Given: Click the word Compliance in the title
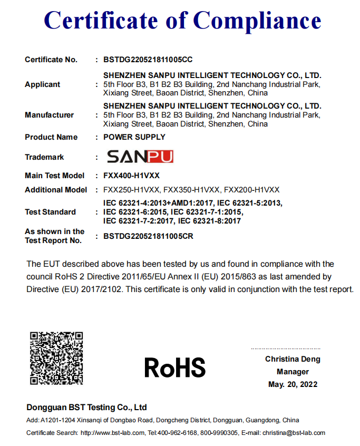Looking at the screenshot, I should (257, 21).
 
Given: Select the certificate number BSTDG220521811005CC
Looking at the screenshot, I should (148, 60).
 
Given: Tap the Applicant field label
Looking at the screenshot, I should (43, 84).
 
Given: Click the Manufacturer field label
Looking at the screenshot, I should (50, 115).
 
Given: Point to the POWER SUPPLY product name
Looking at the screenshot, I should (134, 137).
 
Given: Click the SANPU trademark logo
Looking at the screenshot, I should (140, 157).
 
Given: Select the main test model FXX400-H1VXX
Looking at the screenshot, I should (131, 176).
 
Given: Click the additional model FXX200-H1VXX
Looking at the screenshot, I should (252, 190).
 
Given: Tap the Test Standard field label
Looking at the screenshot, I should (50, 212).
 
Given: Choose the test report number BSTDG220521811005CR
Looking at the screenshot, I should (148, 236).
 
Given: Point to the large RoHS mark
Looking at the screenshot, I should (175, 367).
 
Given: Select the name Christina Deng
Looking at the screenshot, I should (293, 359).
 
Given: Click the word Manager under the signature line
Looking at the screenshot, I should (293, 372).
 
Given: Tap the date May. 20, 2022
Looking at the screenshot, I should (293, 384).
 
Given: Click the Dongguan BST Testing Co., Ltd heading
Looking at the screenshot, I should (86, 408).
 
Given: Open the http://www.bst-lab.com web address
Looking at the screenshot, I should (112, 433).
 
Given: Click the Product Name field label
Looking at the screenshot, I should (51, 137).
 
